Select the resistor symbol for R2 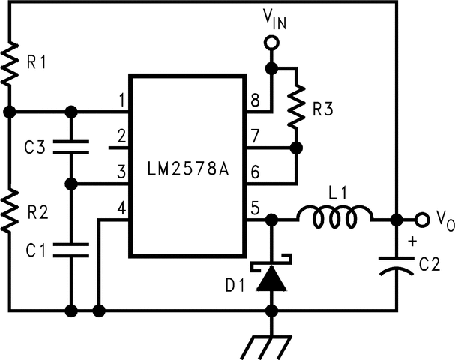point(10,211)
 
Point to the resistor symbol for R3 point(296,105)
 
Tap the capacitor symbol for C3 point(72,148)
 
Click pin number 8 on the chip point(255,100)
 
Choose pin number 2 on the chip point(120,136)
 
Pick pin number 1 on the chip point(120,100)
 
